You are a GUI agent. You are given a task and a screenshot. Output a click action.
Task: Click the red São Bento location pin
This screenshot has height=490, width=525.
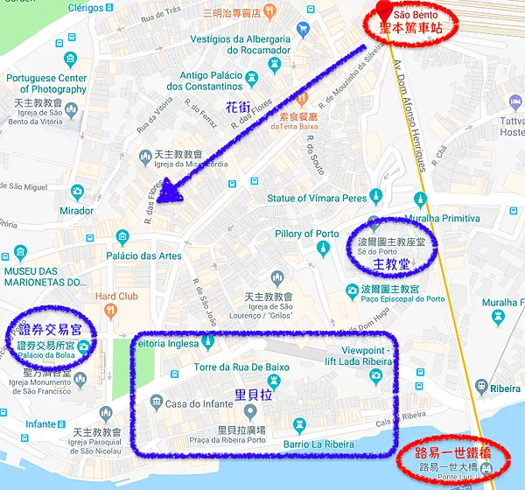click(382, 11)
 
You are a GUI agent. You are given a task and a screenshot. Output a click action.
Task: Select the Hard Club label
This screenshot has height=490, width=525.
click(115, 296)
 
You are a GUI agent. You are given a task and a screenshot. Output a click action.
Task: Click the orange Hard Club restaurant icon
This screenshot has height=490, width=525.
click(109, 311)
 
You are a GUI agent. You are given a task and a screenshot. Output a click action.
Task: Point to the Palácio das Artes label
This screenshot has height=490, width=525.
click(144, 255)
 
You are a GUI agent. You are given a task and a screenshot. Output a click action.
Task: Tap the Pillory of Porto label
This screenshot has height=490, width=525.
click(306, 234)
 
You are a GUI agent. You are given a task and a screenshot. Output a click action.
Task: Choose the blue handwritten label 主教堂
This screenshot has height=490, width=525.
click(391, 262)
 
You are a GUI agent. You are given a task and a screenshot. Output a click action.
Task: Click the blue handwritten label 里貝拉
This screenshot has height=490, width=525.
click(255, 395)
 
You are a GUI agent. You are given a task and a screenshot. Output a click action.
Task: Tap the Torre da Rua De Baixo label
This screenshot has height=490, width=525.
click(241, 367)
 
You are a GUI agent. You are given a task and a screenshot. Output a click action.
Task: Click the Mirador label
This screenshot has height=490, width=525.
click(76, 211)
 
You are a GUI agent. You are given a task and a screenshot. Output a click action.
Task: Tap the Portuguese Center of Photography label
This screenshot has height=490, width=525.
click(46, 83)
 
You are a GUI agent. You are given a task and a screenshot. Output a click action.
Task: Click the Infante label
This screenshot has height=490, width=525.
click(41, 424)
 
